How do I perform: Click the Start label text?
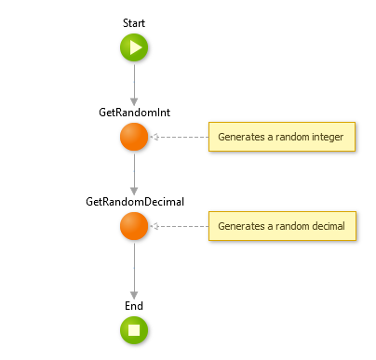pos(134,21)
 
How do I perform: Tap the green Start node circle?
pos(134,47)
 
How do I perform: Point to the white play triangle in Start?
pos(135,47)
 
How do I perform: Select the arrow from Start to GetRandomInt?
pos(134,84)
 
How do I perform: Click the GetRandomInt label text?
pos(134,112)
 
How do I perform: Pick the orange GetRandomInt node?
pos(134,137)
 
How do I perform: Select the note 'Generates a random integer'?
pos(281,137)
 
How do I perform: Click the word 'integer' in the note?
pos(326,137)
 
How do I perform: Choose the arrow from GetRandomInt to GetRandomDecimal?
pos(134,173)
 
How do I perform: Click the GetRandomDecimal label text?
pos(134,201)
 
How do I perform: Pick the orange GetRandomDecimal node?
pos(134,226)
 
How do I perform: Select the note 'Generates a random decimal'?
pos(281,226)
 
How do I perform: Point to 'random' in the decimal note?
pos(285,226)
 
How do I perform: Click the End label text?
pos(134,304)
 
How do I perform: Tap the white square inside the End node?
pos(134,329)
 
